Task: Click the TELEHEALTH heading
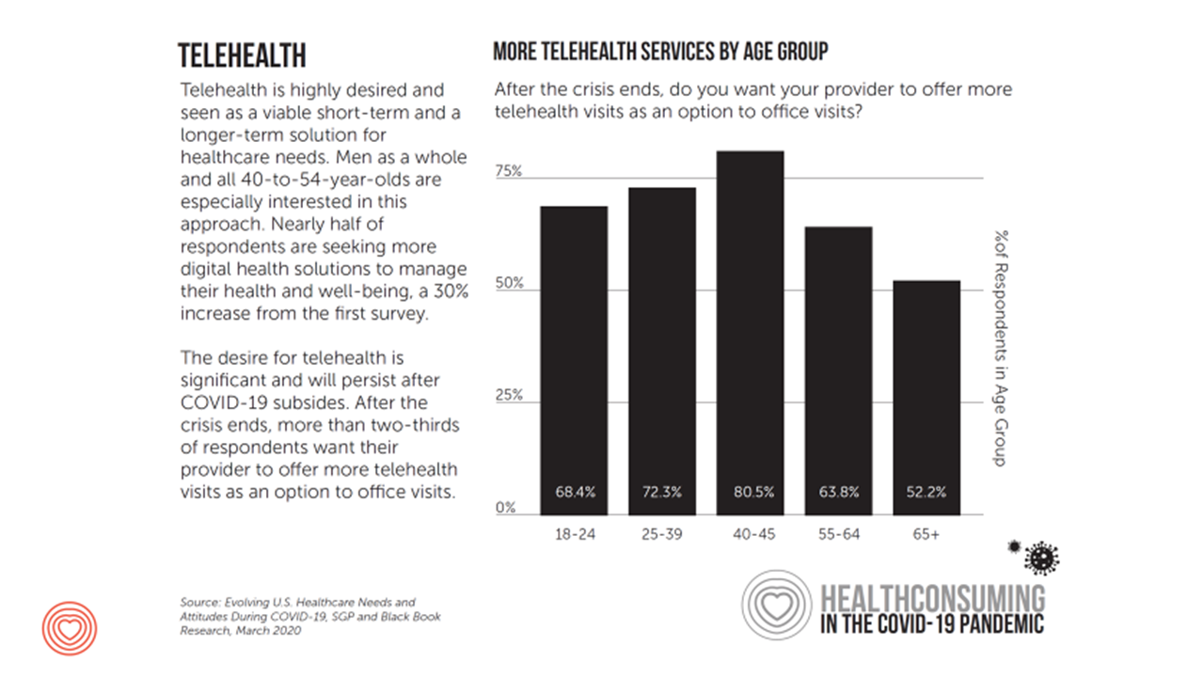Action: click(242, 55)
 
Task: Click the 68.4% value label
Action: click(574, 492)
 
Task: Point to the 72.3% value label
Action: click(662, 492)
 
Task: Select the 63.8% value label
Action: click(838, 492)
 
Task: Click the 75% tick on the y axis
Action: click(509, 172)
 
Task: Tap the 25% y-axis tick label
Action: click(509, 395)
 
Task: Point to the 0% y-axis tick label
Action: click(506, 508)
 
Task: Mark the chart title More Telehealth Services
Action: click(660, 52)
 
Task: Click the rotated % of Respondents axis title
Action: click(999, 348)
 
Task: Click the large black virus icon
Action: click(1041, 558)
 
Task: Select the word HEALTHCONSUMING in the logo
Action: click(932, 597)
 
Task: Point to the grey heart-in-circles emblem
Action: click(776, 606)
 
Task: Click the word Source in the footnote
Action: click(198, 601)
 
